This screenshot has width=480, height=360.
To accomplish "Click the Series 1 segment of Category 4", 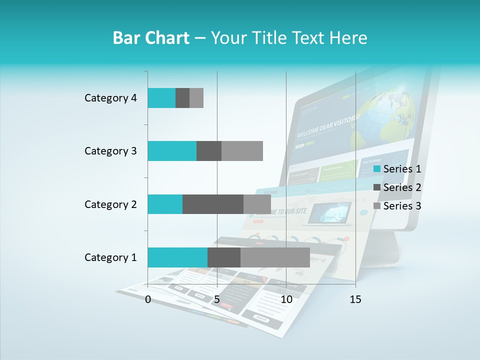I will coord(161,98).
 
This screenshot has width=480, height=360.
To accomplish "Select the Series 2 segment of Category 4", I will coord(182,98).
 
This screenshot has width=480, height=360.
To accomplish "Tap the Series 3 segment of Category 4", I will coord(196,98).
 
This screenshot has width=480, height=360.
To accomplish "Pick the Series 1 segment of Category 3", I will coord(172,151).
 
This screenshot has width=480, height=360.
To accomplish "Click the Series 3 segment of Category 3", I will coord(242,151).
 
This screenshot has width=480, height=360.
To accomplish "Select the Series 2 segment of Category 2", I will coord(213,204).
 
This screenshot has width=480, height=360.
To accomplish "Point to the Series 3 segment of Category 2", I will coord(257,204).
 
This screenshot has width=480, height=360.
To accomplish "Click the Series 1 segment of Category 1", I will coord(177,257).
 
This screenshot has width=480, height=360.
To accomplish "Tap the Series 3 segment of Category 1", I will coord(275,257).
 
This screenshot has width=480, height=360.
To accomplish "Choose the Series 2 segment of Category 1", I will coord(224,257).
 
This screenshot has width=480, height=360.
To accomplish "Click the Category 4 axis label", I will coord(110,98).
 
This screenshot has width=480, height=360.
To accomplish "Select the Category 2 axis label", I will coord(110,204).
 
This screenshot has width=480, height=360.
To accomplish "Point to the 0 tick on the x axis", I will coord(148,299).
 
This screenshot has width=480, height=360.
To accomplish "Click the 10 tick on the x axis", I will coord(286,299).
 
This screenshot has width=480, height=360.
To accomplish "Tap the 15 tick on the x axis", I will coord(355,299).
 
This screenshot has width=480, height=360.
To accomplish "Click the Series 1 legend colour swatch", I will coord(377,169).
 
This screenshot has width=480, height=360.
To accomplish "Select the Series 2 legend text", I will coord(402,187).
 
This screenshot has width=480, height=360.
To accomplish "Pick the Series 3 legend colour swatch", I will coord(377,206).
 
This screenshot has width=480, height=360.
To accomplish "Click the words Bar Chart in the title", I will coord(150,38).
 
